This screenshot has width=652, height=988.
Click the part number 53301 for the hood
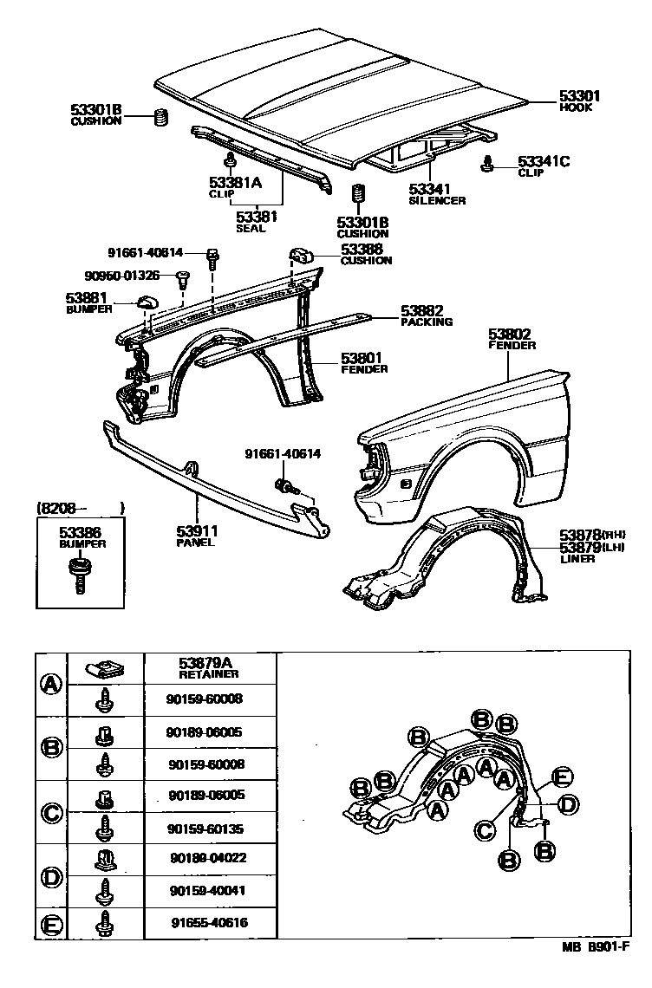click(x=579, y=96)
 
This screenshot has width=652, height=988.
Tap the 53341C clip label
click(x=544, y=160)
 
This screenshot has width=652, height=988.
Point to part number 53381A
click(x=235, y=182)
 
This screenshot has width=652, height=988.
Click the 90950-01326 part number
click(x=122, y=276)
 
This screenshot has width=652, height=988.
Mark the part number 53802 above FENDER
click(x=510, y=334)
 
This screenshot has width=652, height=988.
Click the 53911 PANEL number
click(x=198, y=531)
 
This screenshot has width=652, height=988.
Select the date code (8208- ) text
click(x=81, y=508)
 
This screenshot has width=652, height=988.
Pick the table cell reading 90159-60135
click(x=208, y=829)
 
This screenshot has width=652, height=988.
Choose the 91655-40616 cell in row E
click(x=208, y=922)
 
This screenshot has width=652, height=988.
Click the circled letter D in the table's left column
click(x=52, y=876)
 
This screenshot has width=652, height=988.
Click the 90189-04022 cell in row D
click(x=208, y=860)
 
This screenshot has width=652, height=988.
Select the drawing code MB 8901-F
click(x=597, y=972)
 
